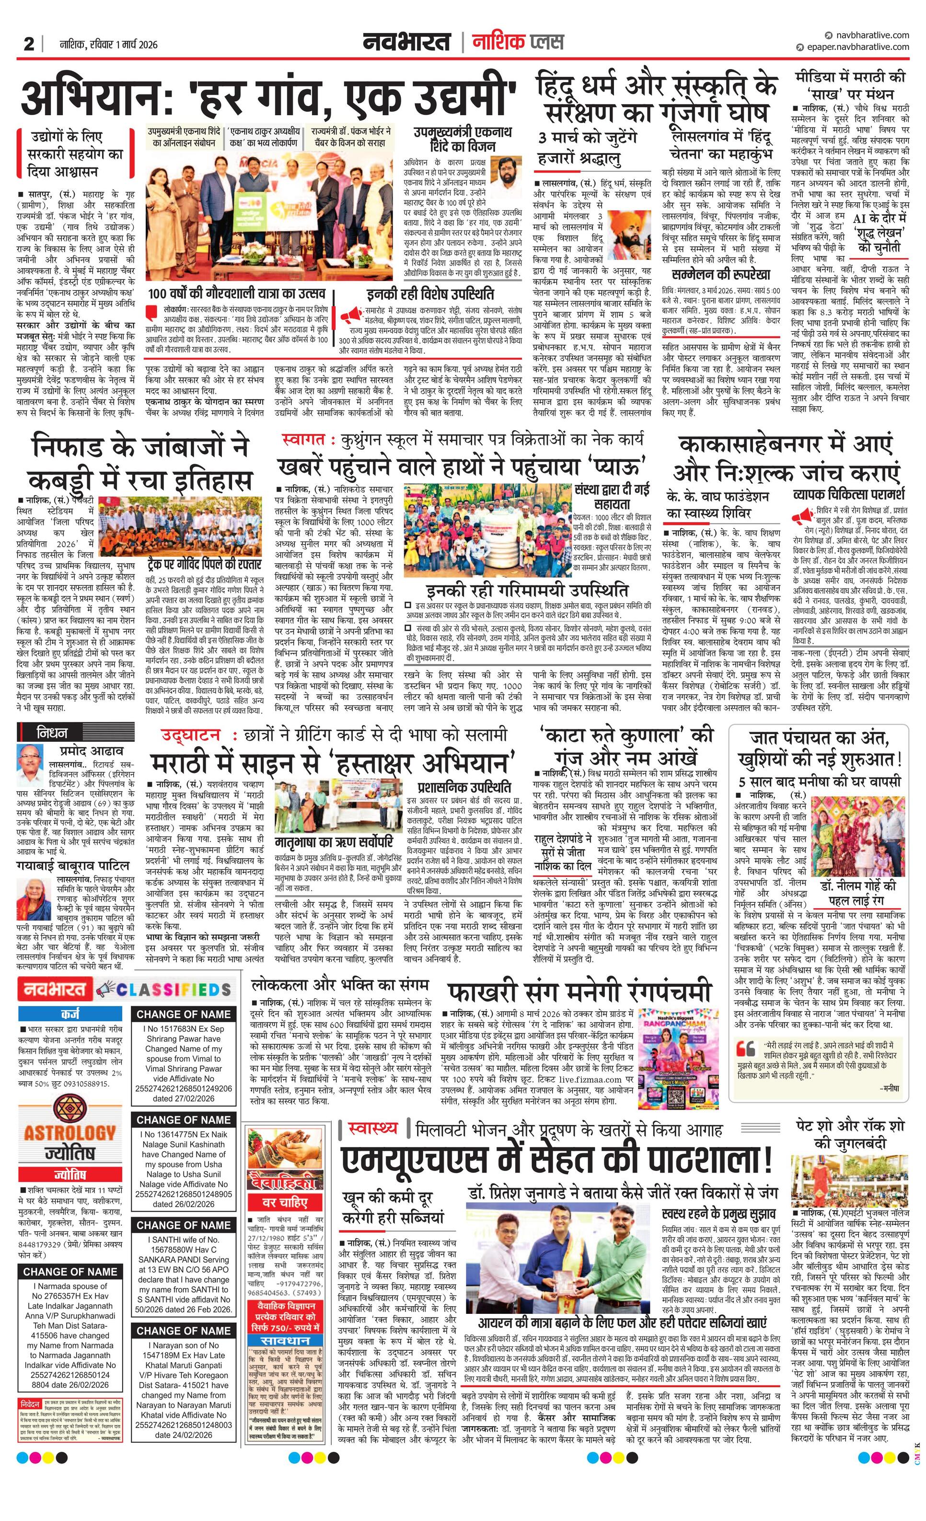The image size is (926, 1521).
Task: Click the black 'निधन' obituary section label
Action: click(x=52, y=733)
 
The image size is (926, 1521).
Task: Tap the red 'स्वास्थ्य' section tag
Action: click(x=372, y=1128)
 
